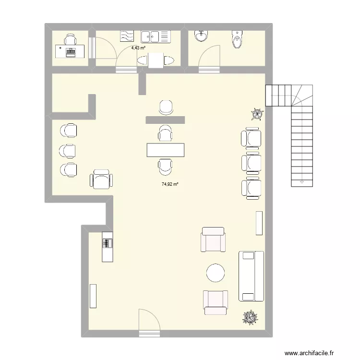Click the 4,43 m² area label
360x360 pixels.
pyautogui.click(x=138, y=48)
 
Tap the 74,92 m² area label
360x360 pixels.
pyautogui.click(x=169, y=184)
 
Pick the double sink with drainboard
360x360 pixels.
pyautogui.click(x=156, y=36)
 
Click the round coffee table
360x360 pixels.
pyautogui.click(x=215, y=273)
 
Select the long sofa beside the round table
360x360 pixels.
pyautogui.click(x=251, y=276)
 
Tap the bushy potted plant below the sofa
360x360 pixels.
pyautogui.click(x=250, y=318)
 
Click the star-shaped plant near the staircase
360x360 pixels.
pyautogui.click(x=258, y=114)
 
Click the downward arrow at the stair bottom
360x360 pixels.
pyautogui.click(x=301, y=182)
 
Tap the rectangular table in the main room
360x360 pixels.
pyautogui.click(x=166, y=150)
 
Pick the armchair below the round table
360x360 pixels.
pyautogui.click(x=215, y=302)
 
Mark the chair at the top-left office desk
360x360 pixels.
pyautogui.click(x=71, y=39)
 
